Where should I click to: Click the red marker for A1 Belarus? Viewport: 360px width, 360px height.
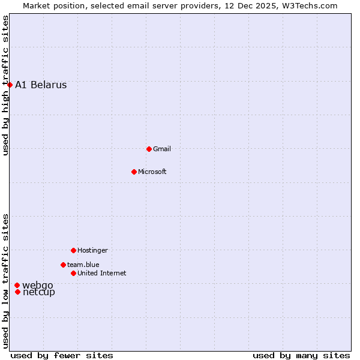(x=10, y=85)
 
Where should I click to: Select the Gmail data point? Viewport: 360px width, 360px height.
(x=149, y=149)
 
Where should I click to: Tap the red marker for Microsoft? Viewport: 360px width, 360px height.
(x=134, y=172)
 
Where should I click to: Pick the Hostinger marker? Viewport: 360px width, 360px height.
(x=73, y=250)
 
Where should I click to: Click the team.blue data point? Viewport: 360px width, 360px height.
(x=63, y=265)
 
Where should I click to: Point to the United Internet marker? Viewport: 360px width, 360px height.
(x=73, y=273)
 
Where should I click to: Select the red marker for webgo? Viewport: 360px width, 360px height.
(x=17, y=285)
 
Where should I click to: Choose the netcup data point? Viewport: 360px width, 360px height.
(x=18, y=292)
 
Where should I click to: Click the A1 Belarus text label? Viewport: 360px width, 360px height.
(x=41, y=85)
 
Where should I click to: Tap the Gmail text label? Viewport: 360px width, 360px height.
(x=162, y=149)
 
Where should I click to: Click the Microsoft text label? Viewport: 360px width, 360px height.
(x=152, y=172)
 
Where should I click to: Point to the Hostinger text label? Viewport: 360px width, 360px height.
(x=92, y=250)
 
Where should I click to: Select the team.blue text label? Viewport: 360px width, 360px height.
(x=83, y=265)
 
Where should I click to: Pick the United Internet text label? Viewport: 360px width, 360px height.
(x=102, y=273)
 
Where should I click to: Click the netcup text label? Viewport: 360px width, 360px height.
(x=39, y=292)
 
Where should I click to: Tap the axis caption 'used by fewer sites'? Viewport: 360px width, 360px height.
(x=62, y=355)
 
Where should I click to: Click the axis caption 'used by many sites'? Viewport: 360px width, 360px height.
(x=301, y=355)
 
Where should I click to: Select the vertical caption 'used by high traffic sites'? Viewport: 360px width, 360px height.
(x=5, y=85)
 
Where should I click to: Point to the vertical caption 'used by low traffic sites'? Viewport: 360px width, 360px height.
(x=5, y=281)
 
